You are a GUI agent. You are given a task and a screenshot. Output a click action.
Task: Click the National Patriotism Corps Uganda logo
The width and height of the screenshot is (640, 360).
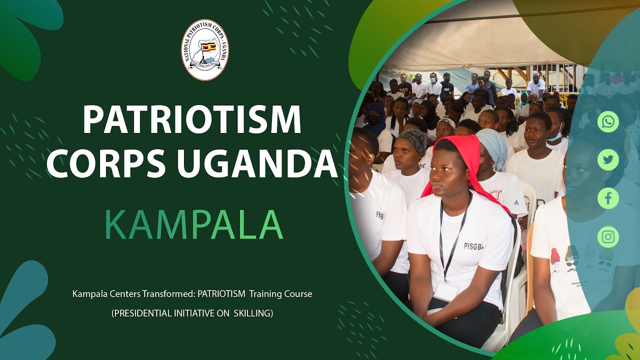[205, 50]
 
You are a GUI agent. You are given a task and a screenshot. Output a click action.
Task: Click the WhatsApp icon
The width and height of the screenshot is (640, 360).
[608, 122]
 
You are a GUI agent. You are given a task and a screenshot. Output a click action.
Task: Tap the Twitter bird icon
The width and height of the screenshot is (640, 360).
[608, 160]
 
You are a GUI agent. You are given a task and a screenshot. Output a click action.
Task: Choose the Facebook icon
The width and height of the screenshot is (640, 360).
[608, 198]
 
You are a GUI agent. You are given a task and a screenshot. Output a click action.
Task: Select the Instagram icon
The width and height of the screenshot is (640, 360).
[608, 237]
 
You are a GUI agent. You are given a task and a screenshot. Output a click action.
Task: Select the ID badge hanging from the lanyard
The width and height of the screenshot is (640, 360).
[446, 290]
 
